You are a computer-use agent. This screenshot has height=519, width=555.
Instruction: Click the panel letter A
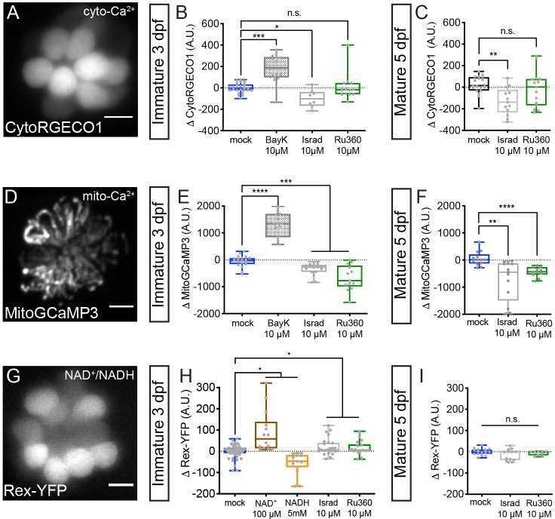click(12, 15)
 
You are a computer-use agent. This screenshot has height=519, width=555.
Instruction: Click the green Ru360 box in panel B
click(348, 88)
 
